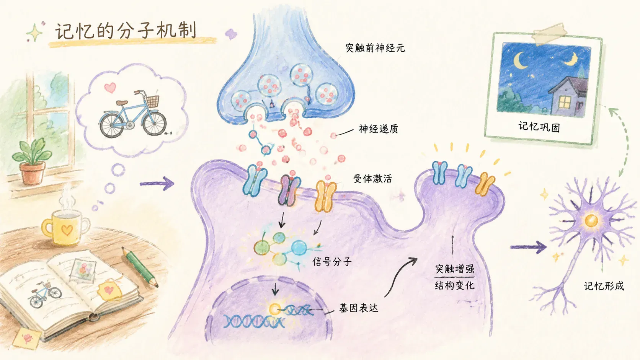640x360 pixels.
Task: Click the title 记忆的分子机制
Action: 126,31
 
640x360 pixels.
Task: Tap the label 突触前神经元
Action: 375,48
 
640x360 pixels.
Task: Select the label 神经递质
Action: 378,129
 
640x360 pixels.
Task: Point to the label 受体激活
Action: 372,179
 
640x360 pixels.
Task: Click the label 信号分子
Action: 332,262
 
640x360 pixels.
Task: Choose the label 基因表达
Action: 359,308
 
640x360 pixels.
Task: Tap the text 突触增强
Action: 455,269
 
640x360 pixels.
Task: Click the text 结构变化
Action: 455,285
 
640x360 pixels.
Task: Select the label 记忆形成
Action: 604,286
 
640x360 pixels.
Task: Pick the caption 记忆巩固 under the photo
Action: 539,127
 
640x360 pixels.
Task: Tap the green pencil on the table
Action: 140,267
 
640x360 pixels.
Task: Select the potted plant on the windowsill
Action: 32,161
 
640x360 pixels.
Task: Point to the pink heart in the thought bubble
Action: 110,88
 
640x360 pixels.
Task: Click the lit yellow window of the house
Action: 564,102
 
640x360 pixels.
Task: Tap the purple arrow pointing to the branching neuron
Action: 528,247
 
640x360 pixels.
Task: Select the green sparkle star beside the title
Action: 35,33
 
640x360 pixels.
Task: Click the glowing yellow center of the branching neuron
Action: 591,220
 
